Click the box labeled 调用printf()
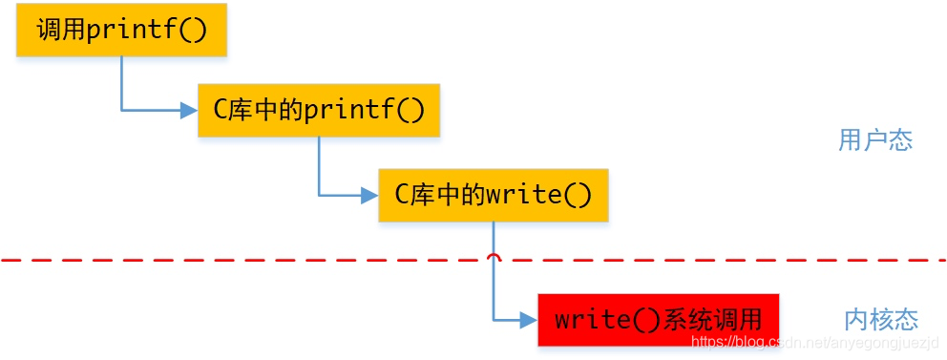[121, 31]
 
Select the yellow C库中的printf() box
[319, 110]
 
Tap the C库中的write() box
[493, 196]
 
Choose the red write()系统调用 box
[658, 319]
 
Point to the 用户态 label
[875, 140]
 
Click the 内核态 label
[880, 319]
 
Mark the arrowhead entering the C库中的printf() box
[188, 111]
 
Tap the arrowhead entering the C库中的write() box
[369, 196]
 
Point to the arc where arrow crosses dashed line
[493, 257]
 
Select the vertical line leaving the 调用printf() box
[121, 81]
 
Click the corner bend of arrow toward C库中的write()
[319, 196]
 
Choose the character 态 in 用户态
[900, 140]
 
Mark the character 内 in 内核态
[855, 319]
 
